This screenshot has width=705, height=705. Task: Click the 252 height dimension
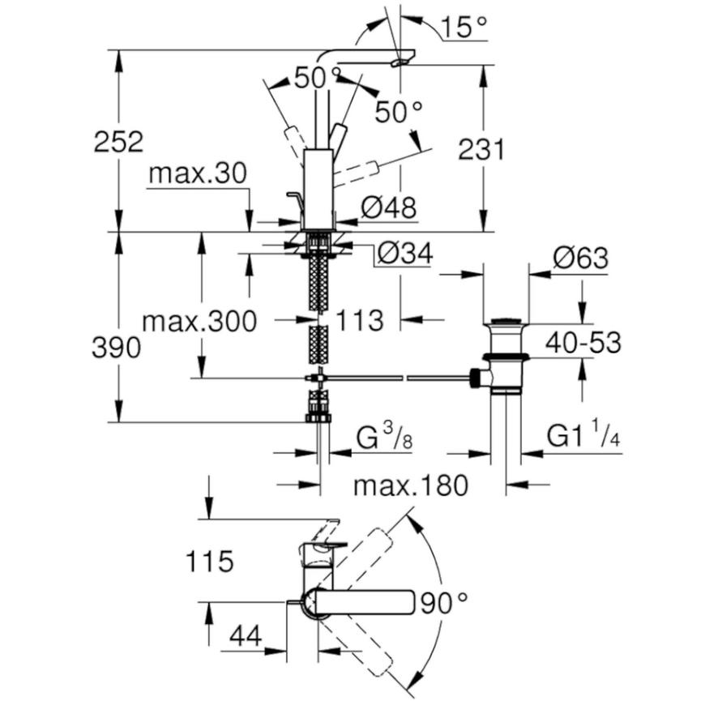(x=118, y=142)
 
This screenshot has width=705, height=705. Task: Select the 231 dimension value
(x=481, y=150)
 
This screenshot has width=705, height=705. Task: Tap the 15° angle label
(x=464, y=27)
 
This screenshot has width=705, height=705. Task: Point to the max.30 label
(x=198, y=173)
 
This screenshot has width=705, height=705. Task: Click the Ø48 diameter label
(x=389, y=207)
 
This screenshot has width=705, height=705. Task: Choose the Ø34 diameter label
(x=405, y=253)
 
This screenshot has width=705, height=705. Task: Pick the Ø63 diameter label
(x=580, y=258)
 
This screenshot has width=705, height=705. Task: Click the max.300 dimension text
(x=199, y=322)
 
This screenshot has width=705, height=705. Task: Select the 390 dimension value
(x=116, y=348)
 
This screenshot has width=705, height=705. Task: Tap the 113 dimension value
(x=360, y=321)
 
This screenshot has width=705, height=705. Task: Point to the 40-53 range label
(x=583, y=343)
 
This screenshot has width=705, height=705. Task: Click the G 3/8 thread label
(x=384, y=438)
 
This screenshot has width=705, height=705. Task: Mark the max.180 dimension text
(x=411, y=485)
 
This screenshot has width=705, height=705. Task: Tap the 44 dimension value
(x=246, y=636)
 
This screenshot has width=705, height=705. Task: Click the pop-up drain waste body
(x=506, y=355)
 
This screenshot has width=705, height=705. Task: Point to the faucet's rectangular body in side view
(x=318, y=189)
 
